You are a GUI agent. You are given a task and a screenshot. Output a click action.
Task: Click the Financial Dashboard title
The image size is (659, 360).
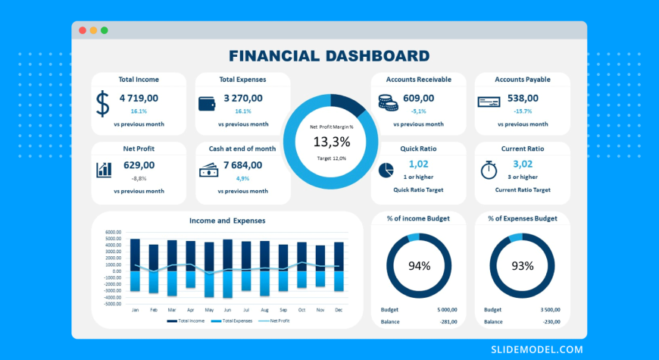pos(329,55)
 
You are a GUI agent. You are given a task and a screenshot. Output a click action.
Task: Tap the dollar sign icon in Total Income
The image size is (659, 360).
pos(103,103)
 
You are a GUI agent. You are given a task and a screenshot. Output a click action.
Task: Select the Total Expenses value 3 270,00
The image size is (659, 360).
pos(243,98)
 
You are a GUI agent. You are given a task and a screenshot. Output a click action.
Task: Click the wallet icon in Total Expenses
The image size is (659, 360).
pos(207,103)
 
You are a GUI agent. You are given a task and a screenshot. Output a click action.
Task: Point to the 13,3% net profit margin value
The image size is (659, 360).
pos(331,142)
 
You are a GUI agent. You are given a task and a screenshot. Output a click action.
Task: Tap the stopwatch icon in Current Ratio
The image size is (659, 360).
pos(489,170)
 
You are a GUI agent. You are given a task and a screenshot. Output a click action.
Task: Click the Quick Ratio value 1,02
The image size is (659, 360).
pos(418,164)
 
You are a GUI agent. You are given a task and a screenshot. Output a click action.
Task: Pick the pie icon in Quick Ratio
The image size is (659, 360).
pos(386,170)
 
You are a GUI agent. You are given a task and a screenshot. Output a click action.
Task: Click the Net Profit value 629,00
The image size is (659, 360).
pos(139,164)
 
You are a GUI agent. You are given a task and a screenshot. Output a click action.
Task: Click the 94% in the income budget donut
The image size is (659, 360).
pos(419,266)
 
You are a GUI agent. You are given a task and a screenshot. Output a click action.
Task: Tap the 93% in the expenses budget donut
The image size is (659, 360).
pos(523,266)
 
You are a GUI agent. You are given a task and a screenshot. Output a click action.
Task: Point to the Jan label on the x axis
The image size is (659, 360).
pos(135,310)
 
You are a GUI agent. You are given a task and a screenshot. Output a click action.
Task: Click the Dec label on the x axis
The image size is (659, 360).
pos(339,310)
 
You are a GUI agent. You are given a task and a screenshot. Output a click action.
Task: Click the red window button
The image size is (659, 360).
pos(83,30)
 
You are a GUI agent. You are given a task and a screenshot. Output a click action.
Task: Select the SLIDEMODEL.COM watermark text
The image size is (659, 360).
pos(536,349)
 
